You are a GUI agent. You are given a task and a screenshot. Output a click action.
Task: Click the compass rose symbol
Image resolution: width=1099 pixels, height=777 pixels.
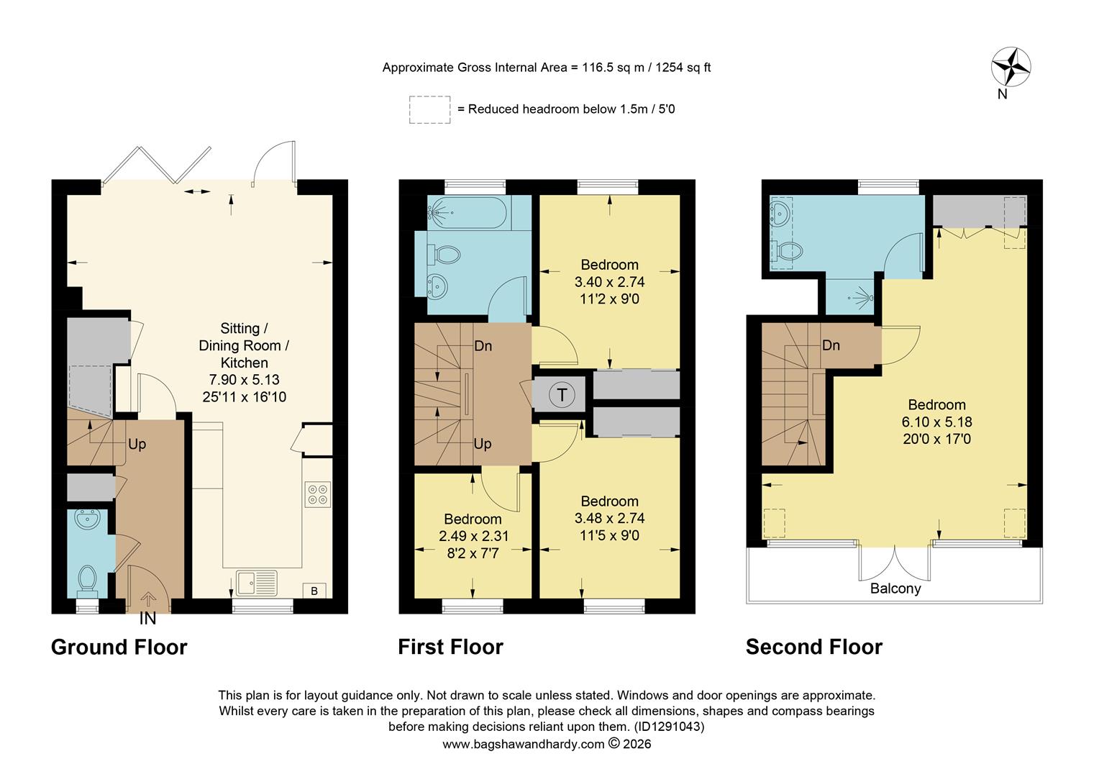point(1011,67)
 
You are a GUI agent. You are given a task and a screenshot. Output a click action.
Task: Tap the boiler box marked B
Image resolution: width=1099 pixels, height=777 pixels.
point(314,591)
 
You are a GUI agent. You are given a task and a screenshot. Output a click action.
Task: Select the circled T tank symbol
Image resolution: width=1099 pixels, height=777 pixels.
point(562,394)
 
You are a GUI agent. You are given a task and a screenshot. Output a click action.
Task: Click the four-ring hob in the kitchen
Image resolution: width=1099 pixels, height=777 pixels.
point(317,494)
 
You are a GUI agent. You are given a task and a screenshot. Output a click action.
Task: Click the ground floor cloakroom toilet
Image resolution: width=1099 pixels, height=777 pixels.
point(88,579)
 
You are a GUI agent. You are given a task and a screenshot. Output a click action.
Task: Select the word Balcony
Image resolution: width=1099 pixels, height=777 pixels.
point(895,589)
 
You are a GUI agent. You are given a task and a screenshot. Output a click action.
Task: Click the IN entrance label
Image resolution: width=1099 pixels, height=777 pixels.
point(147,619)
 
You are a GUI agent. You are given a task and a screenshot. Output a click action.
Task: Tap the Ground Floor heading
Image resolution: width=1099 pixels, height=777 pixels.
point(119,647)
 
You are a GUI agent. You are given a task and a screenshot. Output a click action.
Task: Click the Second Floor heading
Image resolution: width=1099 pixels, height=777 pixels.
point(813,647)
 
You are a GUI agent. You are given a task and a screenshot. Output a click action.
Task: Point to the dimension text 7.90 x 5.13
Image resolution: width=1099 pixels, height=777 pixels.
point(245,380)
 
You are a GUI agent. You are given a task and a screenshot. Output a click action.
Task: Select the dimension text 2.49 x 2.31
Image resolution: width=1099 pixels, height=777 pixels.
point(473,536)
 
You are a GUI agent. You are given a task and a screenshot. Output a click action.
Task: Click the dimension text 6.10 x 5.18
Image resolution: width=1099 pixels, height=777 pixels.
point(936,422)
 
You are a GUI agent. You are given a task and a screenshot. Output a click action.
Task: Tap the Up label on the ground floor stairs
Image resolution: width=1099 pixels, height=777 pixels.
point(137,444)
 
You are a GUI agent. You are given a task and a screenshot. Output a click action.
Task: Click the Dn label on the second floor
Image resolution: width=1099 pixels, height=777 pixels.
point(831,345)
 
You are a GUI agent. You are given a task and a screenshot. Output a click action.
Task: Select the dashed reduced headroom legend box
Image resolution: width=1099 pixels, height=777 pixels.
point(429,109)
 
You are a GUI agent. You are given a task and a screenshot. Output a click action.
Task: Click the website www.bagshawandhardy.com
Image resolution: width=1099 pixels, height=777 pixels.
point(523,744)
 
